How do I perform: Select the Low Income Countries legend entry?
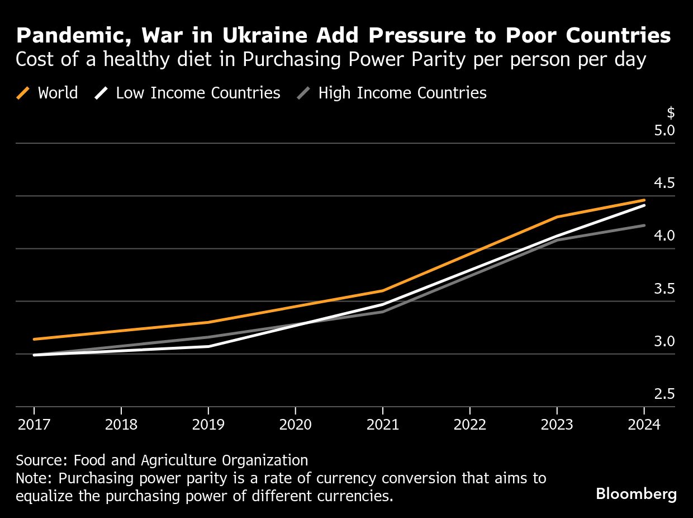click(188, 93)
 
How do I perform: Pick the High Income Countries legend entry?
click(392, 93)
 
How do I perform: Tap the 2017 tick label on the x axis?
click(34, 425)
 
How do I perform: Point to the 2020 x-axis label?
click(295, 425)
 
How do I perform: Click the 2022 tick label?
click(469, 425)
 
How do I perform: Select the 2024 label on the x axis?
click(644, 425)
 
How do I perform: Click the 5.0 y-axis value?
click(664, 130)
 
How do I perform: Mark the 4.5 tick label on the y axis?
click(664, 183)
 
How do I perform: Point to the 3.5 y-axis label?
click(664, 289)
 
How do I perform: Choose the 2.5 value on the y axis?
click(664, 394)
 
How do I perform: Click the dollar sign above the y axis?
click(671, 113)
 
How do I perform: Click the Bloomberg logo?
click(636, 494)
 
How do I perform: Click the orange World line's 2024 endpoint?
click(644, 200)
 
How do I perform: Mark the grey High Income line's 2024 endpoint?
click(644, 225)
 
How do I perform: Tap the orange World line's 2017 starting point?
click(34, 339)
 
